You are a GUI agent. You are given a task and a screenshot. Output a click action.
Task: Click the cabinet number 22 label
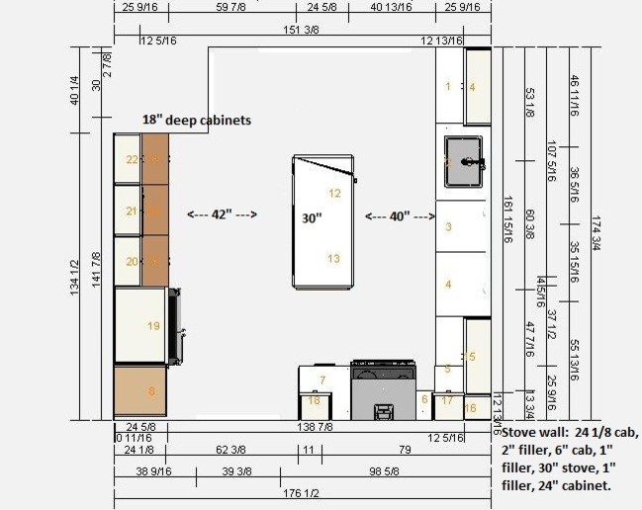pyautogui.click(x=132, y=159)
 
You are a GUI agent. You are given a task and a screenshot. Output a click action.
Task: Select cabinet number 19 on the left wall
pyautogui.click(x=153, y=325)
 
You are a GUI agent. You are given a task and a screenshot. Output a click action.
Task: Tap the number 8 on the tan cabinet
pyautogui.click(x=151, y=391)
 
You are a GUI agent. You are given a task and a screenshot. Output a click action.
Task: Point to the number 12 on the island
pyautogui.click(x=334, y=194)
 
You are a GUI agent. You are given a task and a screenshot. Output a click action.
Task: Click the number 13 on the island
pyautogui.click(x=333, y=259)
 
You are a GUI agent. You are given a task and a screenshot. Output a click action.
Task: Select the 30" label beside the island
pyautogui.click(x=313, y=217)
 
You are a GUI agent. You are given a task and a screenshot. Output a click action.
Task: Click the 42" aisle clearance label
pyautogui.click(x=222, y=213)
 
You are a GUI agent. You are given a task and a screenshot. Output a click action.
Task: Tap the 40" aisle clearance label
pyautogui.click(x=400, y=216)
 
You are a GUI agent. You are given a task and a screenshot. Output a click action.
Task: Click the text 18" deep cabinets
pyautogui.click(x=196, y=120)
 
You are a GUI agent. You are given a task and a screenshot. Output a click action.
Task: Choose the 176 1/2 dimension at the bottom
pyautogui.click(x=302, y=491)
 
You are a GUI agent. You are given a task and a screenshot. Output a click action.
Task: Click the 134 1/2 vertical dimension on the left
pyautogui.click(x=75, y=277)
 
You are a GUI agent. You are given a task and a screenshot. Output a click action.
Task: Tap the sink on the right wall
pyautogui.click(x=463, y=163)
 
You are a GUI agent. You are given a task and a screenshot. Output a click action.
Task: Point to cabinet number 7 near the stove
pyautogui.click(x=321, y=381)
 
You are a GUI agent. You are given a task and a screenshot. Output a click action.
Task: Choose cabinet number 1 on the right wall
pyautogui.click(x=447, y=87)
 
